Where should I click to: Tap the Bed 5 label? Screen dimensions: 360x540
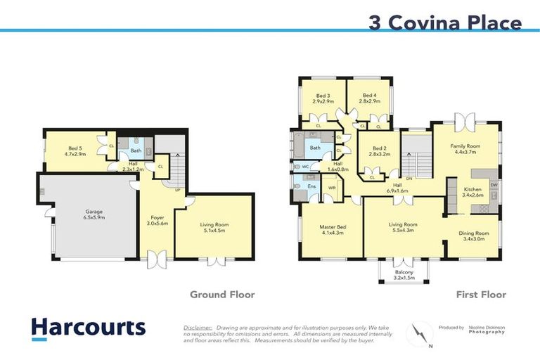76,150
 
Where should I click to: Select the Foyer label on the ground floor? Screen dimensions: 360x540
157,221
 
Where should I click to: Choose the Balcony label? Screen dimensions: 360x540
404,275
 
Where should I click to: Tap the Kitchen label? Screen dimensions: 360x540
473,193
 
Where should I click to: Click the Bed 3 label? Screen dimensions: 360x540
323,98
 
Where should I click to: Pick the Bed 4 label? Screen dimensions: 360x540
371,98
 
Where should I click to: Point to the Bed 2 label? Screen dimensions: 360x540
380,150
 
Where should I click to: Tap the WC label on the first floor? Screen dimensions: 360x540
305,167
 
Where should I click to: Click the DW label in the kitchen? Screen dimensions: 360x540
494,185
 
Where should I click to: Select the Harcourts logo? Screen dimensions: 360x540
88,328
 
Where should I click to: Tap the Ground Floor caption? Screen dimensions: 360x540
222,295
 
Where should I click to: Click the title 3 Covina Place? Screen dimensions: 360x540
445,22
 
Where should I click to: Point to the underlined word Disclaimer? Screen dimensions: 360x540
198,328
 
